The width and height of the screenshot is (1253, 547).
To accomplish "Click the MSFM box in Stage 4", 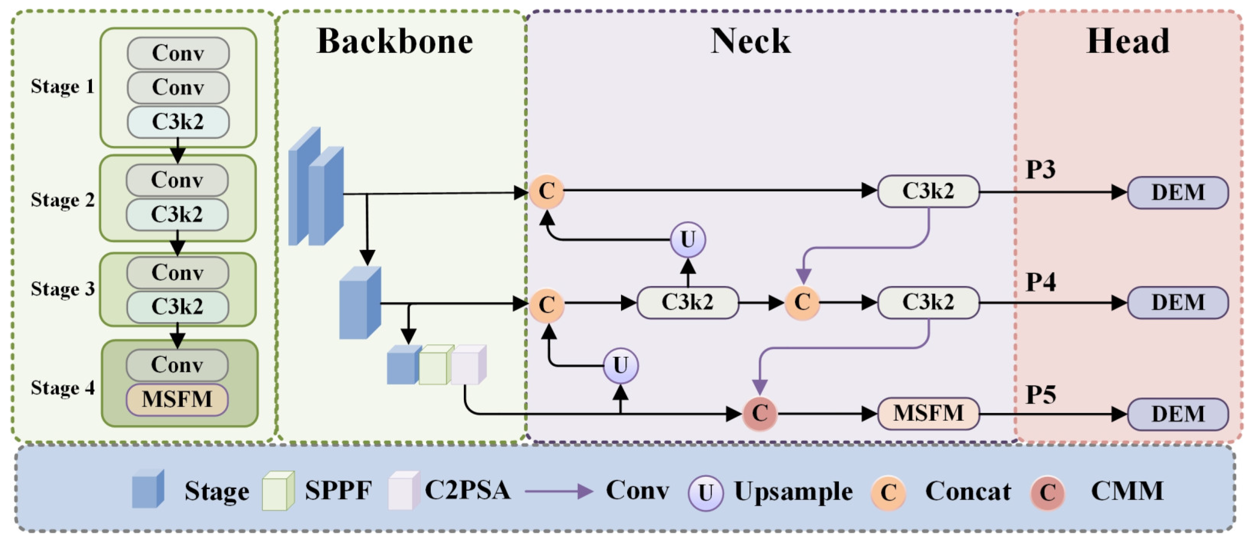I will tap(177, 400).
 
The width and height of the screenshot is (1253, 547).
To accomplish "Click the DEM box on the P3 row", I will tap(1178, 193).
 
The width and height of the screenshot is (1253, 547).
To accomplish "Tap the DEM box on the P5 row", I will tap(1178, 414).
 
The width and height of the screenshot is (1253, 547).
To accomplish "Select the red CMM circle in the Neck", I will tap(760, 414).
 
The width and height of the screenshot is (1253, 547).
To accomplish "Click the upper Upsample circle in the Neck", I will tap(687, 240).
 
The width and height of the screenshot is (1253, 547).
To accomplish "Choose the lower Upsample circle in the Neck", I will tap(620, 366).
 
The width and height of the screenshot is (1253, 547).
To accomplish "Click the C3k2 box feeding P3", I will tap(928, 192).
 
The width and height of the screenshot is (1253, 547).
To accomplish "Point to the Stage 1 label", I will tap(62, 87).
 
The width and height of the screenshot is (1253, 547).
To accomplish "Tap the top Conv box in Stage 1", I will tap(178, 53).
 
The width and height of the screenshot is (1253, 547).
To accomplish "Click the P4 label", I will tap(1041, 282).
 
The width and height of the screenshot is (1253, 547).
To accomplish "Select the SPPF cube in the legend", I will tap(278, 491).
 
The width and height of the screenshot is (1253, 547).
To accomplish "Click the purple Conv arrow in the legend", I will tap(559, 491).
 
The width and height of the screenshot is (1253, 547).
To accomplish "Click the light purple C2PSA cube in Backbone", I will tap(468, 365).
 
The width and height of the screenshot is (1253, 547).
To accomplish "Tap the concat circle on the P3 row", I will tap(547, 192).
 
